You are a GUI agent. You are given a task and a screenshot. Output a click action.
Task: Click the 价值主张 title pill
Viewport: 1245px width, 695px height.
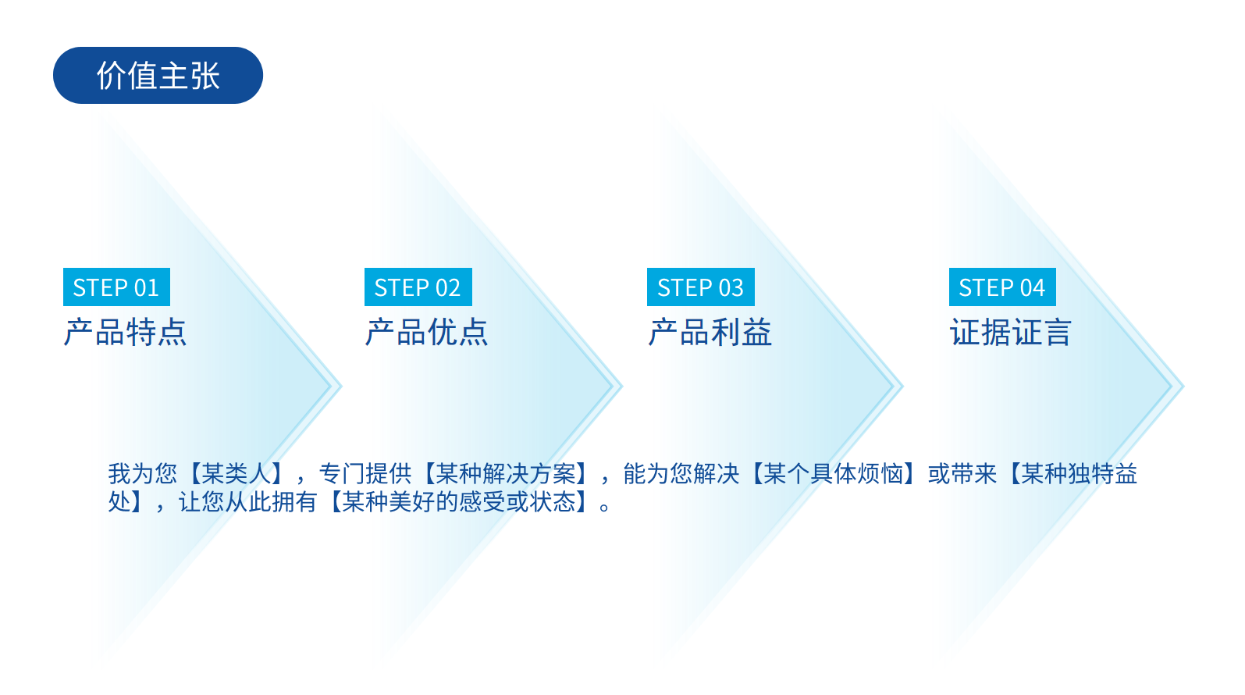click(158, 75)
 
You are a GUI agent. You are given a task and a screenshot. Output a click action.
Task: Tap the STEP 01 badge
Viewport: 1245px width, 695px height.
click(116, 287)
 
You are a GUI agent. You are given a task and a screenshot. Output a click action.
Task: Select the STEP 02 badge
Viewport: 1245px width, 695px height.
click(418, 287)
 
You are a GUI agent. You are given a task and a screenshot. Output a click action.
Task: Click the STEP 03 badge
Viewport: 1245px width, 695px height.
click(700, 287)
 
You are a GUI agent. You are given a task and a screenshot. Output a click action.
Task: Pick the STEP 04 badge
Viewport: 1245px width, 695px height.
click(1002, 287)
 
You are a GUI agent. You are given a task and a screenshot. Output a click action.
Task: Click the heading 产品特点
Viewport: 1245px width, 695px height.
click(125, 333)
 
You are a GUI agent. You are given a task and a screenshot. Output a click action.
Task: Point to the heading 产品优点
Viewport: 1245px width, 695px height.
click(426, 333)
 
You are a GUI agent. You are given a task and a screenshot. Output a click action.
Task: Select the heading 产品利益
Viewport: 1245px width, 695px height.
click(710, 333)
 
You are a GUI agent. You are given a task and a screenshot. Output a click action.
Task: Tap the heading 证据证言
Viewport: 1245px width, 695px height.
click(1011, 333)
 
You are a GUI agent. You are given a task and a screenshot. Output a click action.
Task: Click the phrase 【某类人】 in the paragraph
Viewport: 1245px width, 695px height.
click(237, 474)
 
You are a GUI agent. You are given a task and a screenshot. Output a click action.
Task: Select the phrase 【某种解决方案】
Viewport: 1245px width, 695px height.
click(506, 474)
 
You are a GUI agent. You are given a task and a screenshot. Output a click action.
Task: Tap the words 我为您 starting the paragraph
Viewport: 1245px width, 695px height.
click(142, 474)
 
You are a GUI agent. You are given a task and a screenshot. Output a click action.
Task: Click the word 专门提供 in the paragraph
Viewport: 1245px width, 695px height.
click(365, 474)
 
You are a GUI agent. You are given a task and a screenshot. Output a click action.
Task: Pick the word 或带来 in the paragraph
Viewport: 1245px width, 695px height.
click(962, 474)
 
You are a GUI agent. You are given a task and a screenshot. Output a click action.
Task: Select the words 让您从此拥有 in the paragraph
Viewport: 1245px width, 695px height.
click(248, 501)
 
